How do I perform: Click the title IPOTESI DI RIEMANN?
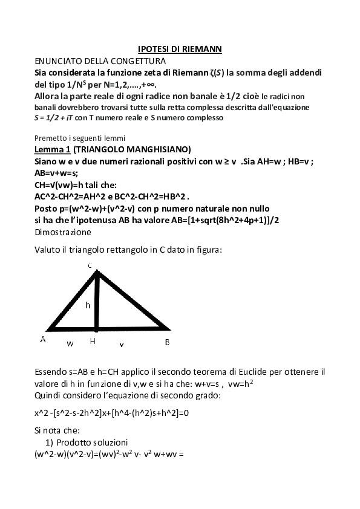click(x=180, y=49)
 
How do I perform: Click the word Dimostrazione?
click(x=63, y=231)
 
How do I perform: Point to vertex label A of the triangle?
click(x=43, y=340)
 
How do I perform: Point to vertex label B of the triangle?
click(x=167, y=342)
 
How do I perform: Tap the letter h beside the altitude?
click(x=88, y=305)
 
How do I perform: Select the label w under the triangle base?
click(x=70, y=343)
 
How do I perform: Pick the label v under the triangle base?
click(x=122, y=343)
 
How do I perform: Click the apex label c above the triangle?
click(x=90, y=265)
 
